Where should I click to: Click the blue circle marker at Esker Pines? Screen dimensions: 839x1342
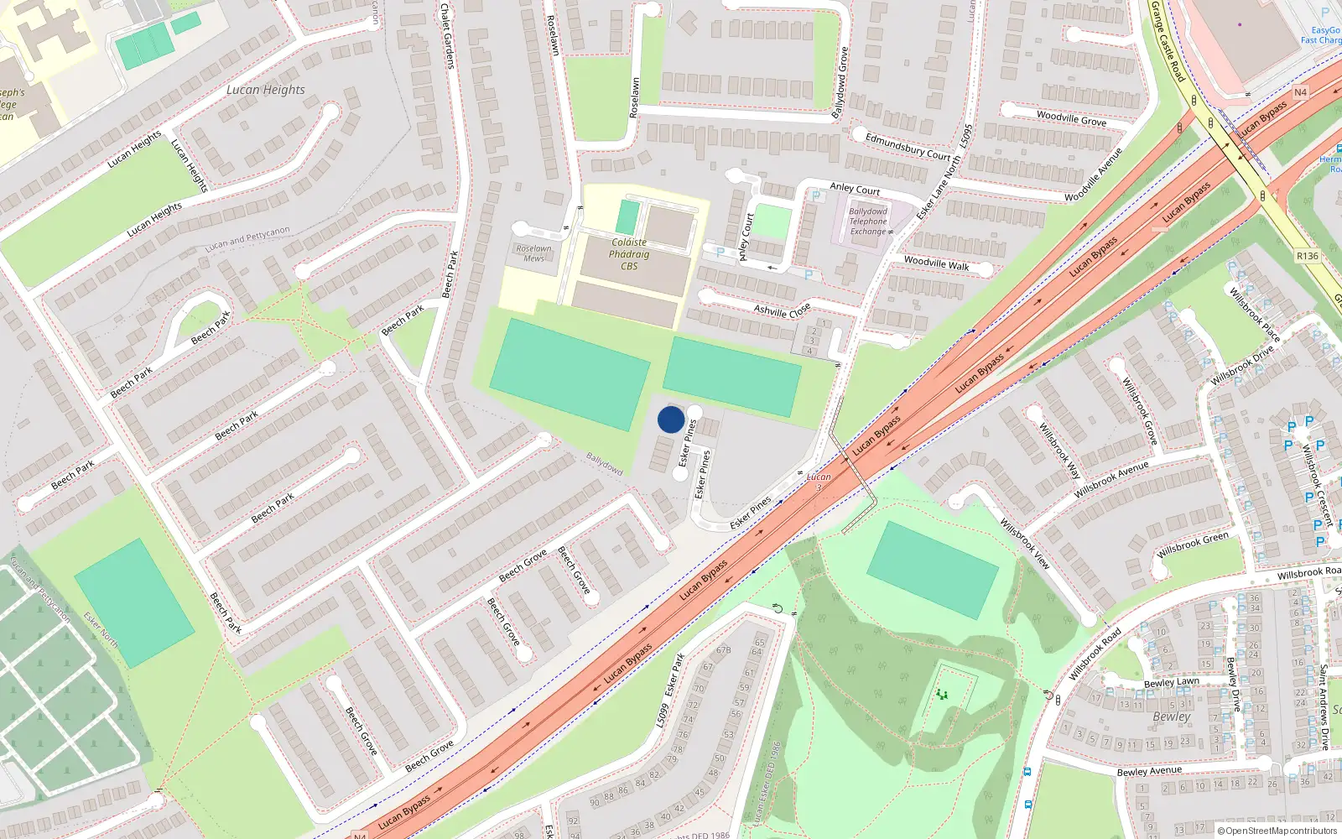point(670,419)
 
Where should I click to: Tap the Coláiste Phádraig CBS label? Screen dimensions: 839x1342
point(629,254)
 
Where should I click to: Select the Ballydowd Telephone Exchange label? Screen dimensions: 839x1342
point(868,221)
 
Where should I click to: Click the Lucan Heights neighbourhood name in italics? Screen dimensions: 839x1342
point(266,90)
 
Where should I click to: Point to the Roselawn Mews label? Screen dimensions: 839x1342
point(533,253)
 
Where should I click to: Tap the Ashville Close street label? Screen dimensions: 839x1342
point(782,310)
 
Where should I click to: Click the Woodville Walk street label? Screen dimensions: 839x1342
point(936,263)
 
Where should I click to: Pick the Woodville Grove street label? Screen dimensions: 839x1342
point(1071,118)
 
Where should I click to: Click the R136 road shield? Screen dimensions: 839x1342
point(1307,256)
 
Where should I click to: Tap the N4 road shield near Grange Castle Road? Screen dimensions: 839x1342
point(1300,92)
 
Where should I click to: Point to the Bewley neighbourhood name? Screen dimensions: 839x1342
point(1171,717)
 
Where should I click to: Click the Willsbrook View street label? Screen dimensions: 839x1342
point(1025,544)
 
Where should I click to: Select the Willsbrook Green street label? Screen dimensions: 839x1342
point(1192,545)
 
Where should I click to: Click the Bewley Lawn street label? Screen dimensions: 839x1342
point(1171,682)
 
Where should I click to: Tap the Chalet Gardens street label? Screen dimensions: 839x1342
point(447,35)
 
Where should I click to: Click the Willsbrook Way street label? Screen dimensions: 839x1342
point(1059,451)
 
